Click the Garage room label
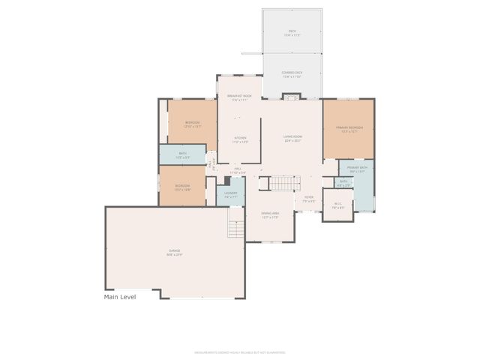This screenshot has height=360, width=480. pos(174,253)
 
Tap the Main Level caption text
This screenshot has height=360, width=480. pos(120,297)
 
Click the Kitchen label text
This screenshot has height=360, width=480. pos(240,139)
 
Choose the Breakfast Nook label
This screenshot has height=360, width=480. pos(239,97)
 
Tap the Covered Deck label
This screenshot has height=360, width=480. pos(292,74)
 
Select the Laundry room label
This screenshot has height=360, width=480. pos(230,194)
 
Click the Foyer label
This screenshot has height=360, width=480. pos(308,199)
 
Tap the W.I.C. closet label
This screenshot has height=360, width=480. pos(337,208)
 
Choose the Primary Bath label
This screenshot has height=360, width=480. pos(355,169)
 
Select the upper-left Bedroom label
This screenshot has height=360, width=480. pos(193,124)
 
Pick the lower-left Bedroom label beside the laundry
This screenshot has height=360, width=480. pos(182,187)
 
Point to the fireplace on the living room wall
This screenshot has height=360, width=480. pos(291,96)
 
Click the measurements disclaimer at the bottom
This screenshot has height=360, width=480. pos(239,351)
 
